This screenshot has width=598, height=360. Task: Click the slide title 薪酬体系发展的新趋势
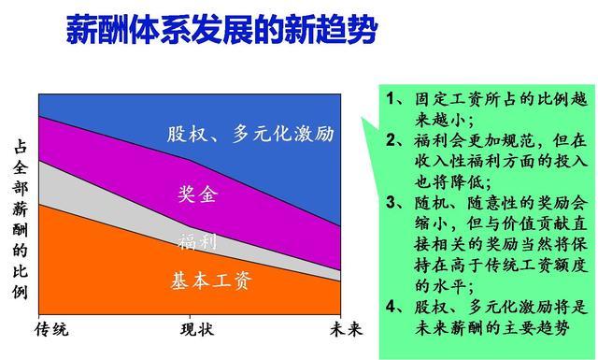coord(222,30)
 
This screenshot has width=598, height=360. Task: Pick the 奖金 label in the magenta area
coord(197,195)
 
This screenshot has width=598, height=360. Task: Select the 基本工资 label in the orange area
coord(212,280)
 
